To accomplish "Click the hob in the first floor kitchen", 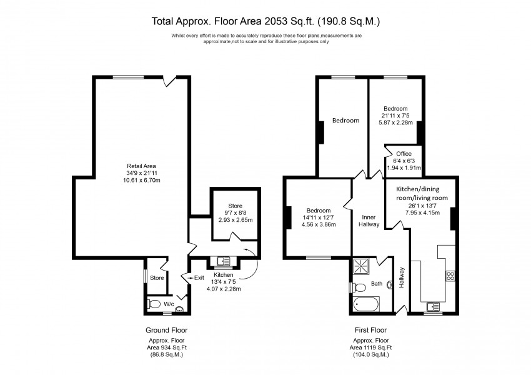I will (450, 276).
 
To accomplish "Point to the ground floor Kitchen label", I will (223, 274).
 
